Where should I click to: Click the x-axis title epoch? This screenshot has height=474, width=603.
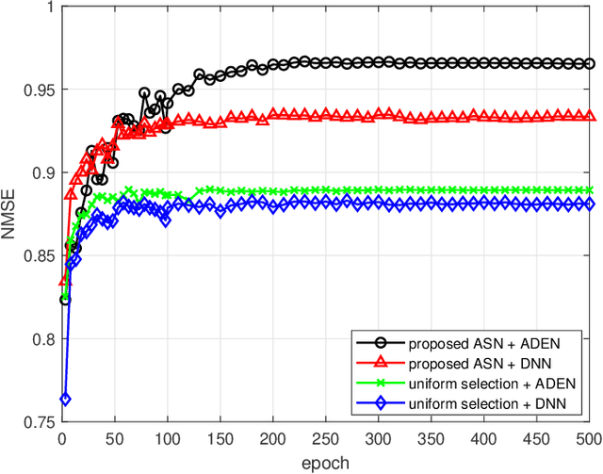pos(324,463)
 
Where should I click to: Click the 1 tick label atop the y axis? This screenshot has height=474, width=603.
pos(49,8)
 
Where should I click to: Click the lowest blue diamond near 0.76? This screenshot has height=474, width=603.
pos(65,400)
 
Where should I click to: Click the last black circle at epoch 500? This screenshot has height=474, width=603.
pos(590,64)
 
